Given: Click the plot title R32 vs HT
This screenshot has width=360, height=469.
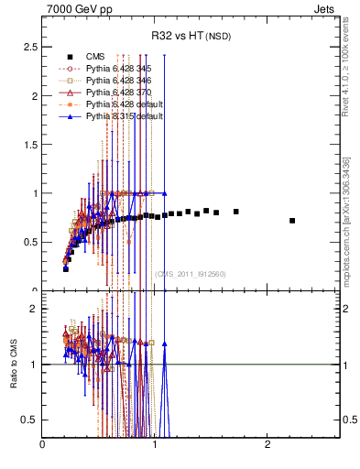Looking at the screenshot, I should point(191,36).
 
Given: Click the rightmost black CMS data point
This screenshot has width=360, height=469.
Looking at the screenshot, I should point(292,221).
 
